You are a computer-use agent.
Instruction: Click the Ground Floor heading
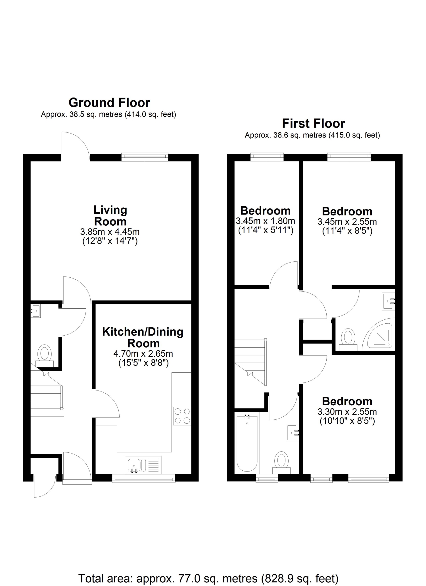coord(109,103)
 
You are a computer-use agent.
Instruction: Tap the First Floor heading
coord(314,124)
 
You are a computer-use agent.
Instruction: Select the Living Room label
coord(110,216)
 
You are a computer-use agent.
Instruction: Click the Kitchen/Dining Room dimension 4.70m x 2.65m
coord(143,354)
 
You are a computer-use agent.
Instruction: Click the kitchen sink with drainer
coord(143,465)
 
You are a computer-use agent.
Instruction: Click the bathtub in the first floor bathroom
coord(247,443)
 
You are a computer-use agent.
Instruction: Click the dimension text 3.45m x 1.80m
coord(265,221)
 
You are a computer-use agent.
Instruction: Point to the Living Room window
coord(145,157)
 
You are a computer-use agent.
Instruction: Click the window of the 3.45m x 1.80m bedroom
coord(267,157)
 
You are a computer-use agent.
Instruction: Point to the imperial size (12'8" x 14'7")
coord(110,241)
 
